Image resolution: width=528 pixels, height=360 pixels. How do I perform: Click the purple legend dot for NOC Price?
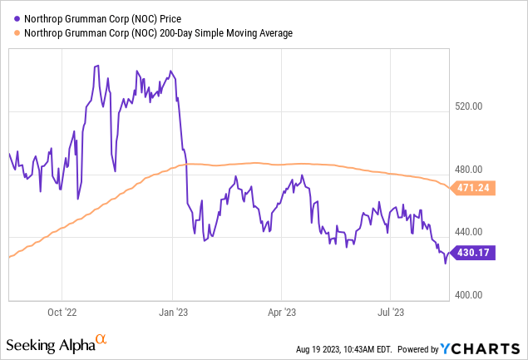10,17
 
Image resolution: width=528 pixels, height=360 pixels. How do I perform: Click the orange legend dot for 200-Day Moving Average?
10,32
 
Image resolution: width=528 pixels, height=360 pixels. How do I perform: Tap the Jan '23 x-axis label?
172,313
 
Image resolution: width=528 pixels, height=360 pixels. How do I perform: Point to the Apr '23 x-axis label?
282,313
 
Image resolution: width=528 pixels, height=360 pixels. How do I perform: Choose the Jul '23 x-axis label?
391,313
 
